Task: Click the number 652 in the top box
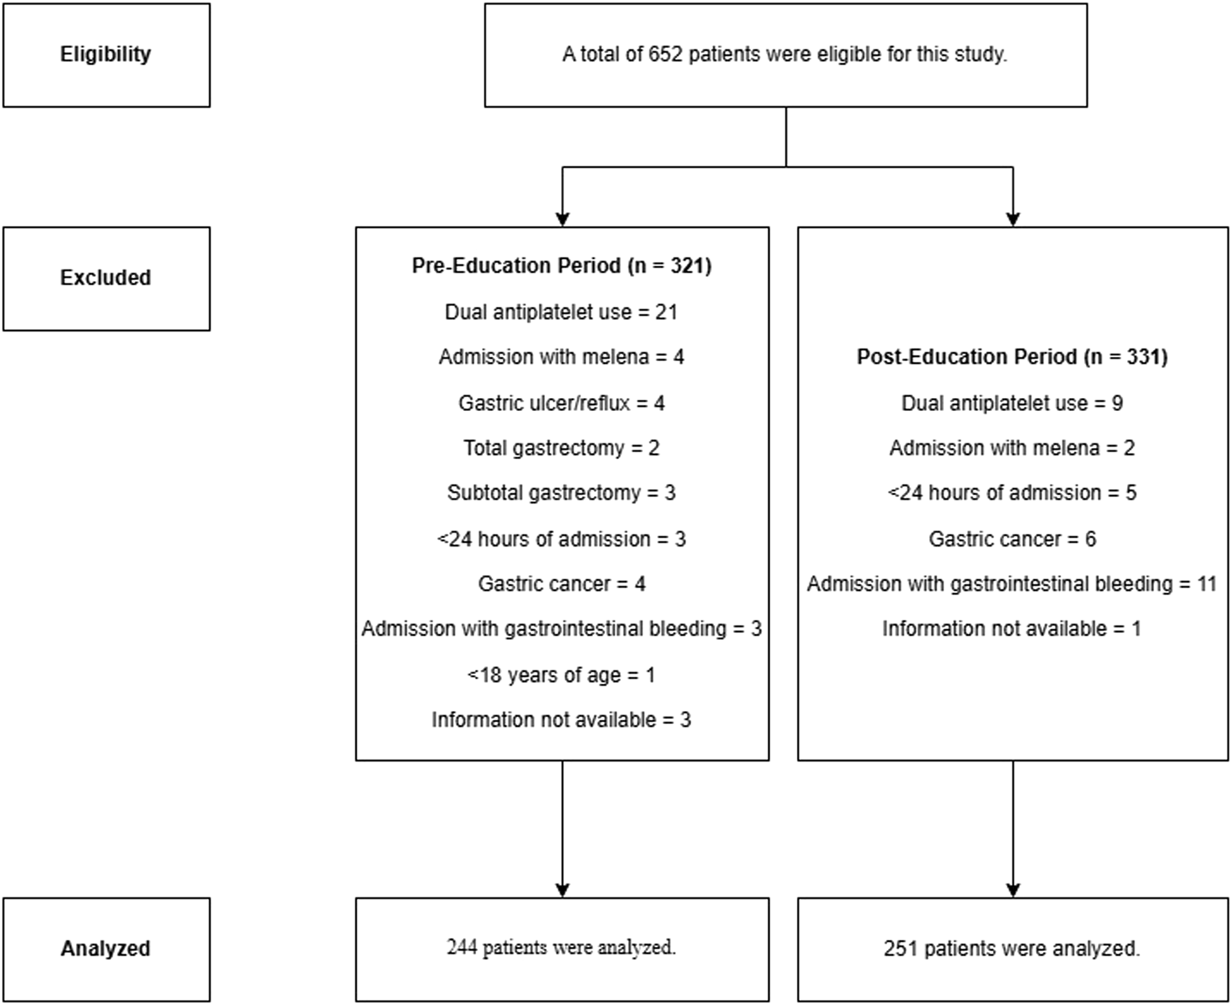(x=665, y=54)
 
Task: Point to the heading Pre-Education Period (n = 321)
(x=562, y=266)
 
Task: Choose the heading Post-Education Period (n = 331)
(x=1012, y=357)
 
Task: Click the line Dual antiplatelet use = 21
(x=561, y=312)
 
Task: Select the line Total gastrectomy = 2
(x=562, y=448)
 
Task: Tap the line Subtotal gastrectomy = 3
(x=562, y=493)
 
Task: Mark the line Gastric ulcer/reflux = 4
(x=562, y=403)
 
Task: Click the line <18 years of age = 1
(x=562, y=675)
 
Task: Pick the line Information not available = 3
(x=562, y=720)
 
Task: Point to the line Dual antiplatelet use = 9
(x=1012, y=403)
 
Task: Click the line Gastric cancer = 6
(x=1012, y=539)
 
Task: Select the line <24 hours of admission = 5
(x=1012, y=493)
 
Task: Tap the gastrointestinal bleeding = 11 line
(x=1012, y=584)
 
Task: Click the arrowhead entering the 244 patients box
(x=562, y=890)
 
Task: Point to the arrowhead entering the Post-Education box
(x=1013, y=219)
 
